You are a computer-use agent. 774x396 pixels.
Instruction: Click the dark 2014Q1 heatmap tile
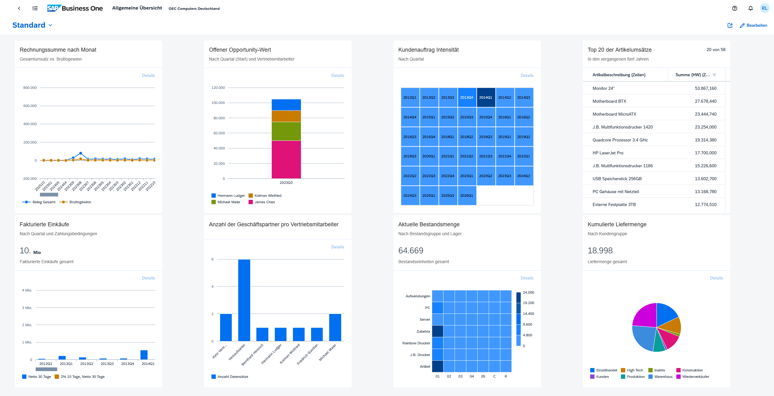(486, 97)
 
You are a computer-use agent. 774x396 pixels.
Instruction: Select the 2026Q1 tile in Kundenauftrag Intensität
(466, 196)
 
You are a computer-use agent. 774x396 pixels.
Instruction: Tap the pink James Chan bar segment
(286, 159)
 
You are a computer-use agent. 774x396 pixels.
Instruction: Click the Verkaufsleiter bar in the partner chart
(244, 300)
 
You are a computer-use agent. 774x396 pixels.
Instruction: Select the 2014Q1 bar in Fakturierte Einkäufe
(144, 354)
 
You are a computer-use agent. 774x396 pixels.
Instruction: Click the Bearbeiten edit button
(753, 26)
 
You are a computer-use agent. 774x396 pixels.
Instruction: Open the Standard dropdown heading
(32, 25)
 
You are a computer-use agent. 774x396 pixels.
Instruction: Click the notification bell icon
(750, 8)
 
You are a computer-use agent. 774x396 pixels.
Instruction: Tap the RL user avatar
(764, 8)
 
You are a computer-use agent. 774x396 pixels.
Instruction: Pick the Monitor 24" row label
(603, 88)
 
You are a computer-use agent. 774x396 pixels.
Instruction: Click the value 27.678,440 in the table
(705, 101)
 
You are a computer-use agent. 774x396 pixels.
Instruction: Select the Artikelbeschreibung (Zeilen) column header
(619, 75)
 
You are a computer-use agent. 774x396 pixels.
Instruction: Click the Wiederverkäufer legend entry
(695, 377)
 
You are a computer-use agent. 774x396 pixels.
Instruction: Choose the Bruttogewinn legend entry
(80, 202)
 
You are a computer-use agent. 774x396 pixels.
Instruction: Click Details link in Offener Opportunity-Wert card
(338, 75)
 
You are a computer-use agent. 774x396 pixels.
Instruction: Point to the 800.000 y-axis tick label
(30, 88)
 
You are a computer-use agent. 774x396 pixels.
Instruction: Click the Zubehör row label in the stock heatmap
(423, 331)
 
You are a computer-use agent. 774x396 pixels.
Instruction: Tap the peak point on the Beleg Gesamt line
(81, 153)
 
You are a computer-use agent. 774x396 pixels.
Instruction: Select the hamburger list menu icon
(35, 8)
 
